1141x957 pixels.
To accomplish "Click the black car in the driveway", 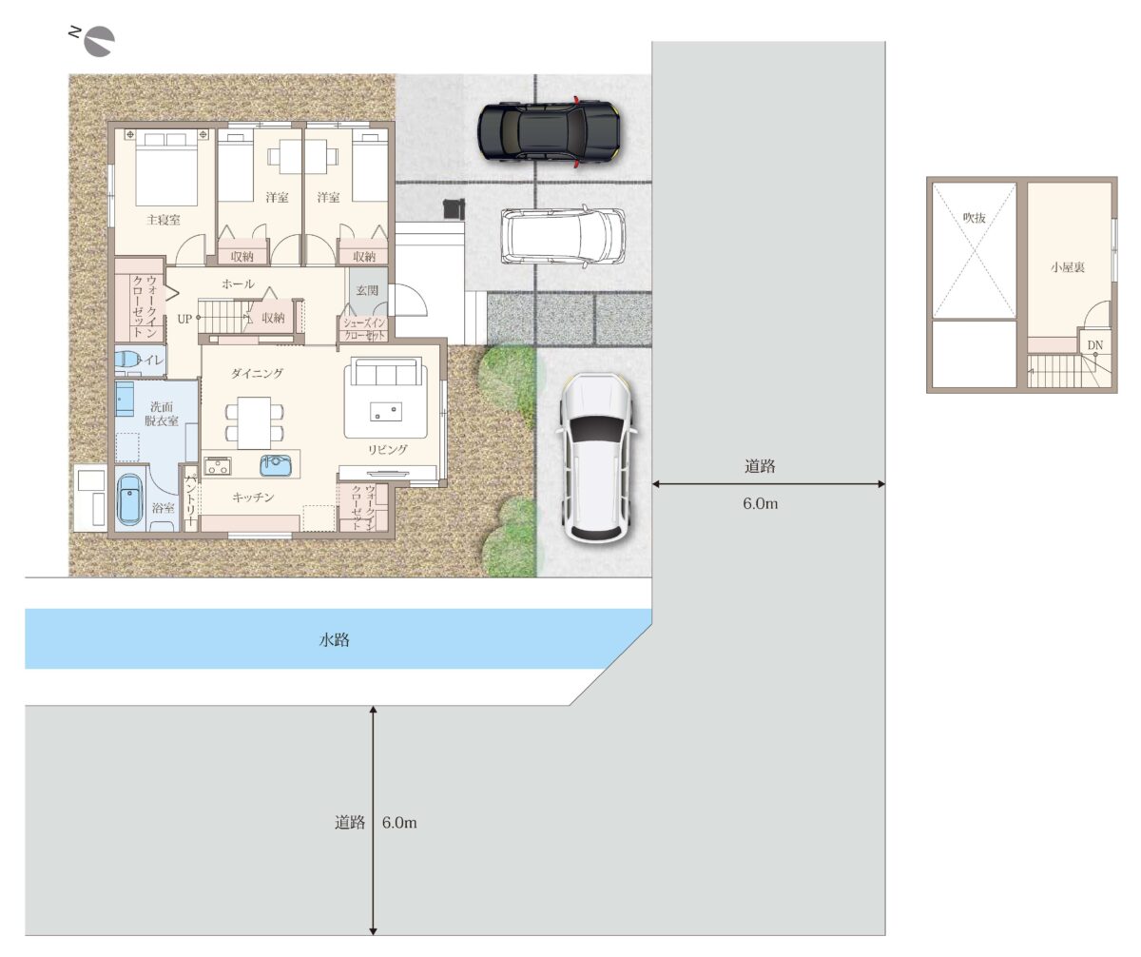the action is (549, 131).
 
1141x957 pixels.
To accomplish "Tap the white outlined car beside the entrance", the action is (563, 236).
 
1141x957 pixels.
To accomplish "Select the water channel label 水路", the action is (334, 639).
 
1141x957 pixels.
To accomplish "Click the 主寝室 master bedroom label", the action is (164, 220).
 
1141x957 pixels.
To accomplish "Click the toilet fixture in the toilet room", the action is (126, 360).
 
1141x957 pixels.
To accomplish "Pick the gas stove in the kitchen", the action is (217, 466).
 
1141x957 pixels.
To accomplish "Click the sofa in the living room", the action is (386, 371).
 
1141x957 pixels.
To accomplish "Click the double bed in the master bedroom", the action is (165, 170).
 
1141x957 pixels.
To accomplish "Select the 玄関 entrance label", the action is (367, 290).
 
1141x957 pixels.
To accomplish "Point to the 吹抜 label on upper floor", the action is (974, 218).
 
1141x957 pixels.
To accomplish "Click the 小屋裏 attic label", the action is (1067, 267).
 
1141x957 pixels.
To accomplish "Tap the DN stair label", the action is (1094, 345).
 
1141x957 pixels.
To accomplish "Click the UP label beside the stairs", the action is (184, 319).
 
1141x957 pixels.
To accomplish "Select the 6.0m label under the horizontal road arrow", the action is (760, 503).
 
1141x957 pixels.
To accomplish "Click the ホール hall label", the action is (239, 283).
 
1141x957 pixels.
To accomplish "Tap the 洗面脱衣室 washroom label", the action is (162, 414).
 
